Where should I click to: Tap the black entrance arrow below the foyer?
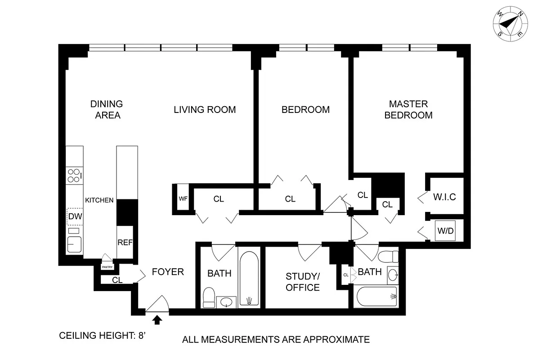(157, 319)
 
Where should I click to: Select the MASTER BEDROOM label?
(408, 109)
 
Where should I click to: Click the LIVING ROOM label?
(205, 109)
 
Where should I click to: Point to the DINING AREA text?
(106, 109)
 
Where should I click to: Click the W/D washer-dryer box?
(445, 231)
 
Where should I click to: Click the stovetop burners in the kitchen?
(75, 175)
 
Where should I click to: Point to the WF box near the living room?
(183, 198)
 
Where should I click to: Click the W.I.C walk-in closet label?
(444, 197)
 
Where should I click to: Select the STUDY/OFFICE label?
(303, 282)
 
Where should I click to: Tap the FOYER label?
(168, 272)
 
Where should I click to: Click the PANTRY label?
(107, 267)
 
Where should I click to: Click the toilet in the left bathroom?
(209, 297)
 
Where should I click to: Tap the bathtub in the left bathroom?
(249, 279)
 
